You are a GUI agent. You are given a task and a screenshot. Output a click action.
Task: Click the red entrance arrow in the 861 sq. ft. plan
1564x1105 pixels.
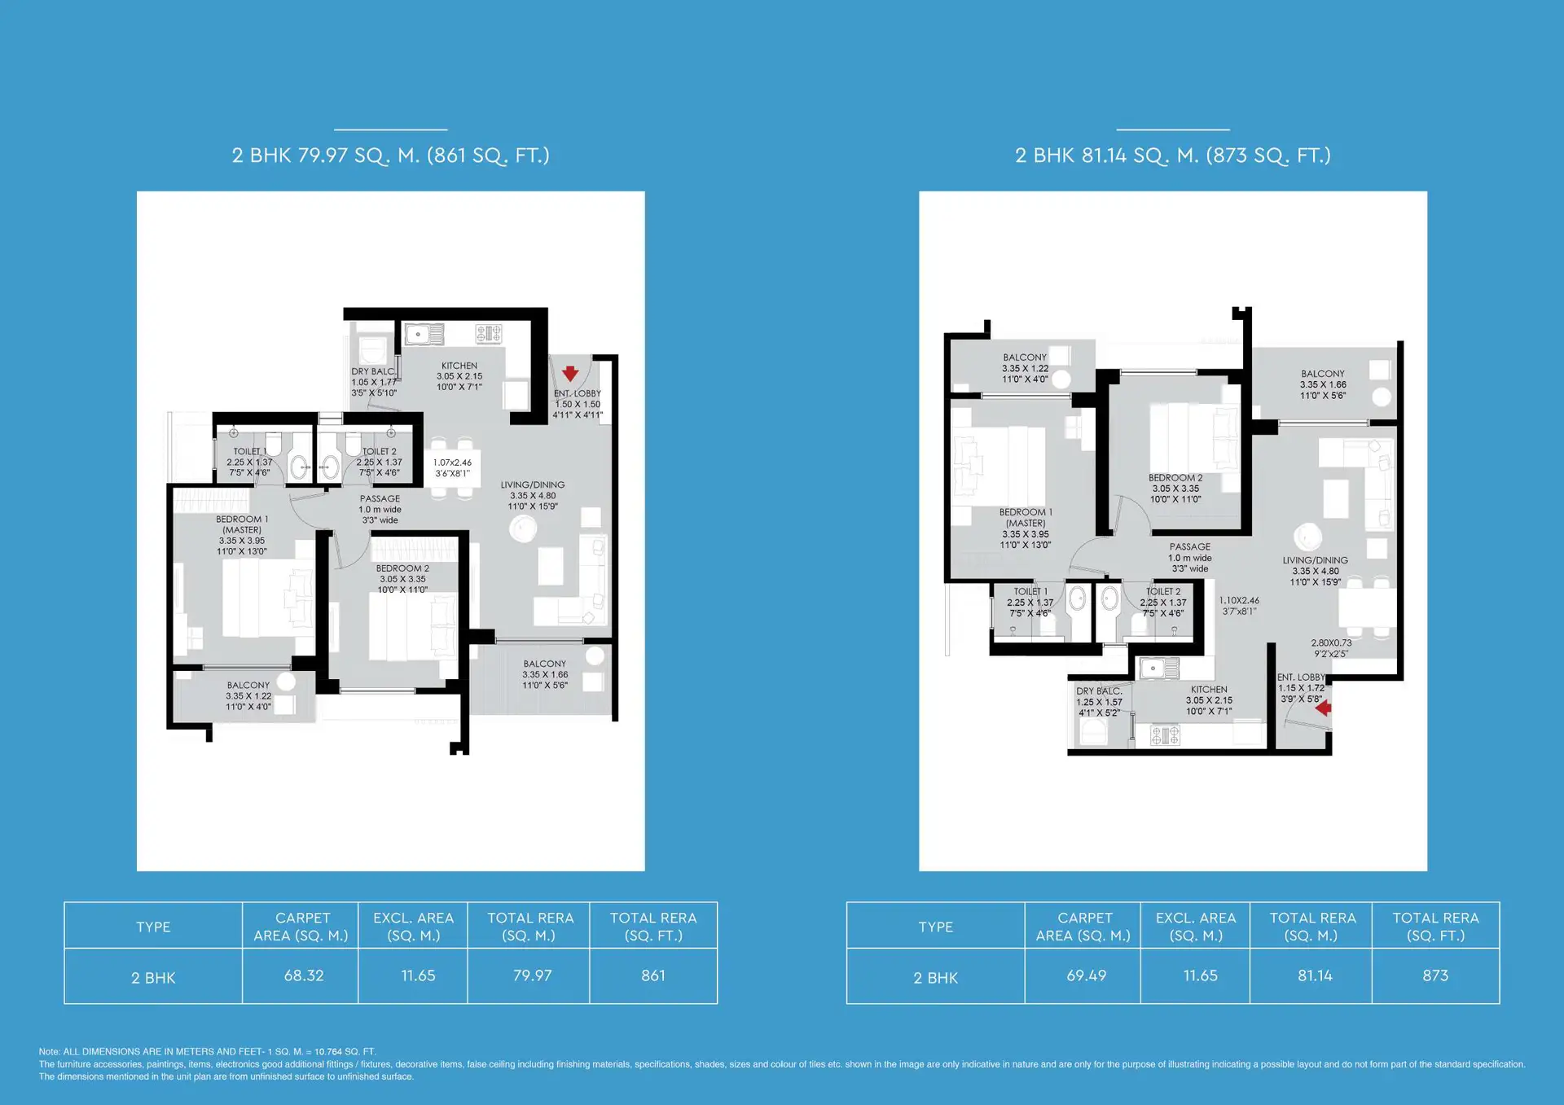coord(570,374)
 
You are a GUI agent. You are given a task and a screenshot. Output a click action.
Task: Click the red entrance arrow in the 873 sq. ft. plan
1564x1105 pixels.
coord(1323,708)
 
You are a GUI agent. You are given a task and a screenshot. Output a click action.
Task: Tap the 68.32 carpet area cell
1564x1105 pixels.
coord(304,976)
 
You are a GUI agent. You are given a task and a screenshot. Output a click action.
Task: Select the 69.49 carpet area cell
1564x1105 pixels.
coord(1086,976)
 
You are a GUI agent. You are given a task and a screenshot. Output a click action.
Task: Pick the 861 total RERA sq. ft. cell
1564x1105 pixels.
coord(653,976)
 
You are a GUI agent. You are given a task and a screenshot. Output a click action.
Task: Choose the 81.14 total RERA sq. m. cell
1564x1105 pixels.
coord(1315,976)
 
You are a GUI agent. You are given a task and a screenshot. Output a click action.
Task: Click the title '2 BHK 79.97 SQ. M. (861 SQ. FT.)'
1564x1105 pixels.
coord(391,156)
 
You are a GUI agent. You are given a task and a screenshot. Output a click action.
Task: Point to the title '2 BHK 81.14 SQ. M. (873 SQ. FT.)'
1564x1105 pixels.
coord(1173,156)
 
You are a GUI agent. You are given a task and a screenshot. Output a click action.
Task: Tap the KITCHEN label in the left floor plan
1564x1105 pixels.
coord(459,366)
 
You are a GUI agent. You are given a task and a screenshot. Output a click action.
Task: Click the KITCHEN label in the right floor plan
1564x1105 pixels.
coord(1209,690)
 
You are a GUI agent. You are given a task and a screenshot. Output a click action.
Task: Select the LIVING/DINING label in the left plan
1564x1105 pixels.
coord(533,485)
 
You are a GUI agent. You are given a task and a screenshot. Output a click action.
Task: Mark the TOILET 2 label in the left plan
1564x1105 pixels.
coord(380,451)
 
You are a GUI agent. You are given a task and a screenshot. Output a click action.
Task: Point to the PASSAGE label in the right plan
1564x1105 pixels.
coord(1190,547)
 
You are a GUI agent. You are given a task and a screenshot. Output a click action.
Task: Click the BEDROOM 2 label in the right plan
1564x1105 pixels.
coord(1175,478)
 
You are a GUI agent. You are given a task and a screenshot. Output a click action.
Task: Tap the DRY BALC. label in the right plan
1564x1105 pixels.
coord(1099,691)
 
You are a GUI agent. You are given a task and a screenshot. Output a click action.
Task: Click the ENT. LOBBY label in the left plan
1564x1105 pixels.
coord(578,393)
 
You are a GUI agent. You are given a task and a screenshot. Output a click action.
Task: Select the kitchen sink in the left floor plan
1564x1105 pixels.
coord(424,334)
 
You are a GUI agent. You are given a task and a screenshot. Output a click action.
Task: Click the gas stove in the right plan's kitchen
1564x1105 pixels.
coord(1165,736)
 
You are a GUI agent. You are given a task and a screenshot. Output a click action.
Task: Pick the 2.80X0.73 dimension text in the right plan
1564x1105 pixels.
coord(1331,643)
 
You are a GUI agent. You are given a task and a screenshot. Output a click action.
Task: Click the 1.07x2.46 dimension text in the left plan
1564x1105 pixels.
coord(452,463)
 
